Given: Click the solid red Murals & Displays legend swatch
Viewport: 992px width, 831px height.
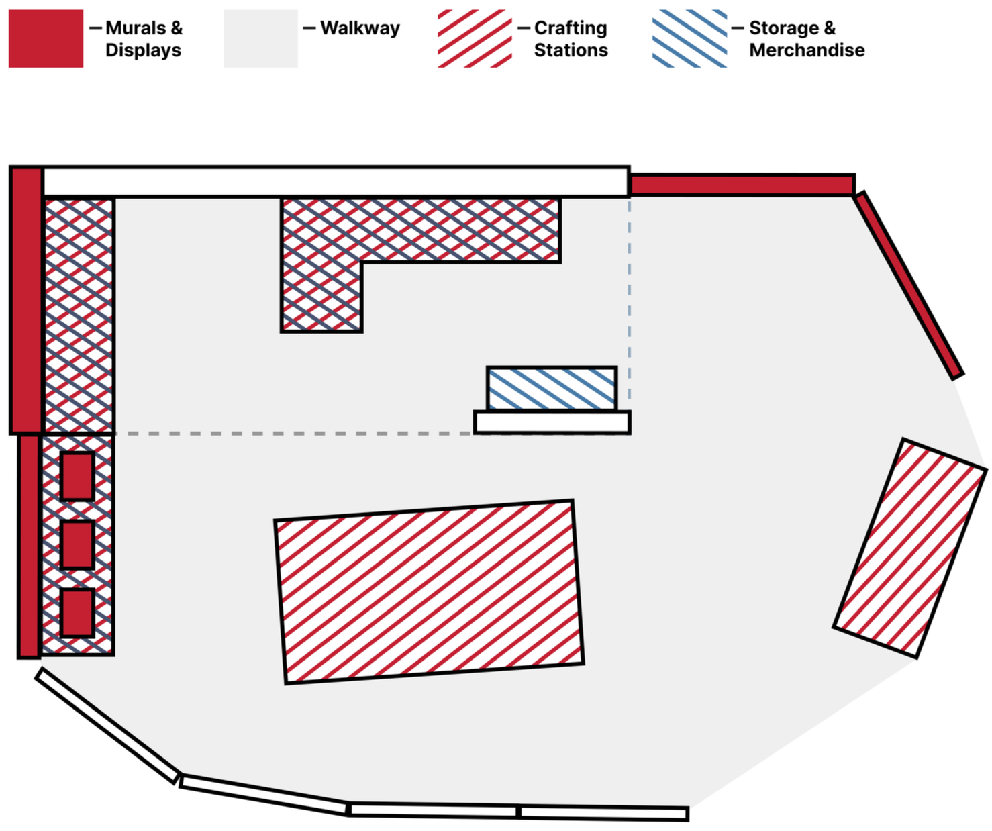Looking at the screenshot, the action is click(46, 38).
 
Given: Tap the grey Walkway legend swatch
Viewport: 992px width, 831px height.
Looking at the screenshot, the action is click(261, 38).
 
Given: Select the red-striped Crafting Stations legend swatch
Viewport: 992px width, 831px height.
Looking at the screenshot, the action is click(475, 38).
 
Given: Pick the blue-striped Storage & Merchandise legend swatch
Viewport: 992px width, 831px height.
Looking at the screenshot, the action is click(689, 38).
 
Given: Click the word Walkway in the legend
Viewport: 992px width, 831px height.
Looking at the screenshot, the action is click(360, 28).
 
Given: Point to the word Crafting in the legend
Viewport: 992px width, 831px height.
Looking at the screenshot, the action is click(571, 28).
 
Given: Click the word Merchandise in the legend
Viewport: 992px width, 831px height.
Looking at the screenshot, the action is click(807, 50).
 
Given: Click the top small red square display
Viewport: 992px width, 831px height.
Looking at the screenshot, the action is click(77, 476).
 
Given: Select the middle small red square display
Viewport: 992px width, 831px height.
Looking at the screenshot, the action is click(77, 544).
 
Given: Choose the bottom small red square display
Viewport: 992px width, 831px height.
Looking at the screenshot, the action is click(77, 613).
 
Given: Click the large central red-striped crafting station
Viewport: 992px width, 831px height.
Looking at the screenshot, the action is click(429, 591).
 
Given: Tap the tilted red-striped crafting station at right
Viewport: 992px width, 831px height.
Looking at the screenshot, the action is click(910, 548).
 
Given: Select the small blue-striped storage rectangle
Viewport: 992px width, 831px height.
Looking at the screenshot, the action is click(552, 388).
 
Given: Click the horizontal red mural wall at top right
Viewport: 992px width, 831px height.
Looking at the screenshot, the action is click(742, 185).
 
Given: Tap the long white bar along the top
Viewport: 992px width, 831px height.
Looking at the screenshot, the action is click(336, 181).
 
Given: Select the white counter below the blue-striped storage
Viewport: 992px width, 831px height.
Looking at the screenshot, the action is click(552, 422).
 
